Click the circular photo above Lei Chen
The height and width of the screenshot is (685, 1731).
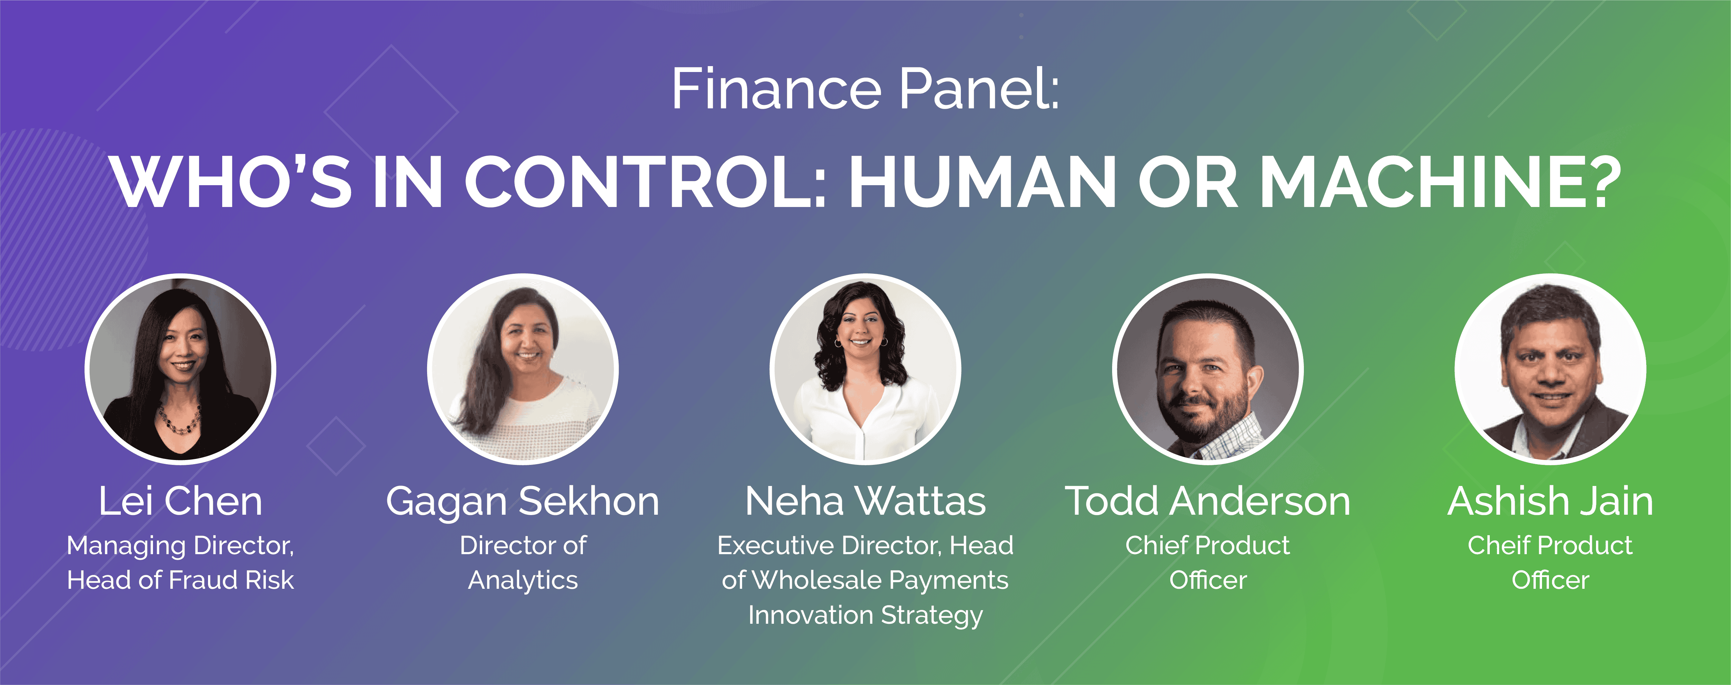(x=180, y=369)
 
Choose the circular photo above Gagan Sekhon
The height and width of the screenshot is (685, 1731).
(x=523, y=369)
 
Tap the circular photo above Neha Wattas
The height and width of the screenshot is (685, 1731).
(x=865, y=369)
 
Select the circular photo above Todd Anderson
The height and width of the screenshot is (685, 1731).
(x=1208, y=369)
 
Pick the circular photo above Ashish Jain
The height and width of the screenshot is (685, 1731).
(x=1550, y=369)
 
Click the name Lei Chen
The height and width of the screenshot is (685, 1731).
(x=180, y=502)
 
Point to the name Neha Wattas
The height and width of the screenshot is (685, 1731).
(x=865, y=502)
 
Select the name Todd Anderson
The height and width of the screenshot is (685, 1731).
(x=1208, y=502)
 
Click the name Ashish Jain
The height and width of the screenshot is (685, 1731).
(x=1550, y=502)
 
